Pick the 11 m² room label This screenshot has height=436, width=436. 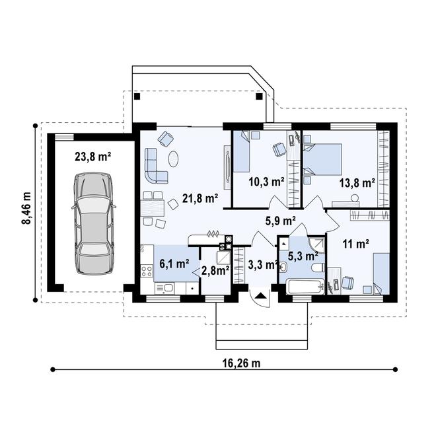click(x=355, y=243)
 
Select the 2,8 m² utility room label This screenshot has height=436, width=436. click(x=215, y=269)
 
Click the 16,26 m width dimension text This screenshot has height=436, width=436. click(x=238, y=363)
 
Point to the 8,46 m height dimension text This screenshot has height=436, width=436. click(x=27, y=209)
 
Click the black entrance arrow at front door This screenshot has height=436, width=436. click(x=260, y=296)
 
